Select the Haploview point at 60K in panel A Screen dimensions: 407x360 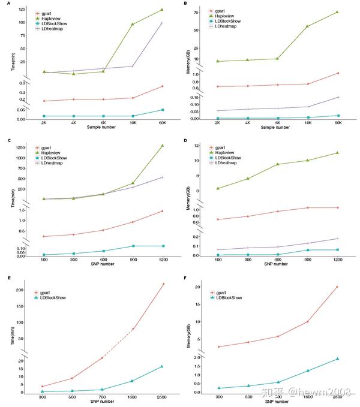pos(162,10)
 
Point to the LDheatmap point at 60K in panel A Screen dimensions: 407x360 pos(162,23)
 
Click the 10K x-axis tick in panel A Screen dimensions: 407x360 pos(133,122)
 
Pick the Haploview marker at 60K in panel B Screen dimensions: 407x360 pos(338,12)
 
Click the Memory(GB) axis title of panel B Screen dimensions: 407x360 pos(187,63)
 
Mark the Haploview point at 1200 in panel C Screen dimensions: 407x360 pos(162,146)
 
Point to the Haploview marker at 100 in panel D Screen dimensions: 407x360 pos(220,188)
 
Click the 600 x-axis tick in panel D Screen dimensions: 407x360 pos(279,260)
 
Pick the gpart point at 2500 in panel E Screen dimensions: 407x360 pos(162,284)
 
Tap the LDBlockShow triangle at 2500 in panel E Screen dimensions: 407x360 pos(162,366)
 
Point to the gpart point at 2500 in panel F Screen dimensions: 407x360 pos(337,287)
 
